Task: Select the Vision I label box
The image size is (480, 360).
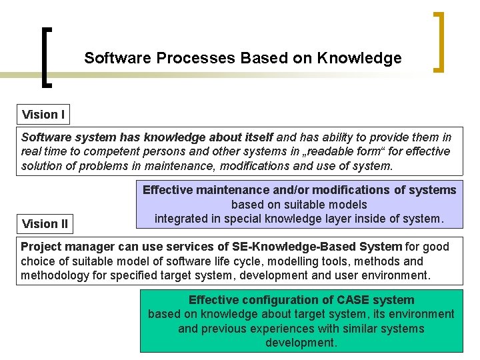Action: tap(43, 115)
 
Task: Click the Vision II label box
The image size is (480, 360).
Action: tap(45, 223)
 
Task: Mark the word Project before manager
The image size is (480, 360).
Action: tap(41, 247)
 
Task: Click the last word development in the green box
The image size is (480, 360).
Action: tap(301, 343)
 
